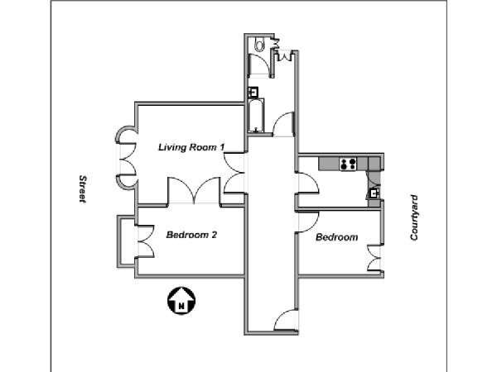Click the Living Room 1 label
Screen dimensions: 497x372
[192, 147]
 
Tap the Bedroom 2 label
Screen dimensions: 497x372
[192, 235]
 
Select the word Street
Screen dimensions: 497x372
[83, 188]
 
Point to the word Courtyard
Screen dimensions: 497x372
[414, 217]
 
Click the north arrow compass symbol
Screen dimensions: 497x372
[181, 301]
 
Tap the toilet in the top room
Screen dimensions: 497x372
[259, 45]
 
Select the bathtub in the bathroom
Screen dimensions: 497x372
[256, 116]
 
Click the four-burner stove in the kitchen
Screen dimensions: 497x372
[348, 164]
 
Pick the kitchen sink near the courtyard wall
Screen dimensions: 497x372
[374, 193]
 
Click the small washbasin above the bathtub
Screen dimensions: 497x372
[253, 92]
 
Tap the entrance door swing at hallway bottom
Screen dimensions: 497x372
[286, 320]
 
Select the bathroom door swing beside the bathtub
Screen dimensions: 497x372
[283, 124]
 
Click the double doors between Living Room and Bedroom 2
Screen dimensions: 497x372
[194, 190]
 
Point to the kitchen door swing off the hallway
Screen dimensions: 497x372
[306, 183]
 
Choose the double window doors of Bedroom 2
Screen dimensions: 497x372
[146, 241]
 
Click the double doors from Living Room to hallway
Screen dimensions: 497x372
[234, 173]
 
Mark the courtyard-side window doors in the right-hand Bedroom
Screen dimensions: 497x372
[374, 258]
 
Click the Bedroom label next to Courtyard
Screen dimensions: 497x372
[337, 237]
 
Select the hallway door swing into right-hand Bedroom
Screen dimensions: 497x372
[306, 222]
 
